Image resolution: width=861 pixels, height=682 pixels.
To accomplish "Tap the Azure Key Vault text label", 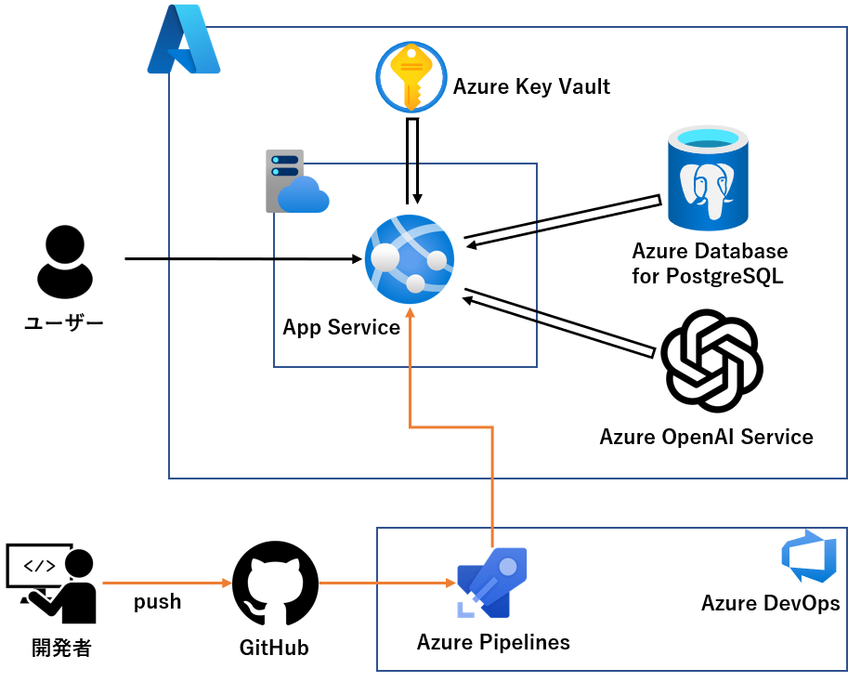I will [531, 87].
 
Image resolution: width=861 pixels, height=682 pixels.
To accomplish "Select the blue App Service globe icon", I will [410, 257].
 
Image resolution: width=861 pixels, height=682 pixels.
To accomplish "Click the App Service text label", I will [341, 327].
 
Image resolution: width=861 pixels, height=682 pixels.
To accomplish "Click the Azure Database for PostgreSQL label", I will [710, 263].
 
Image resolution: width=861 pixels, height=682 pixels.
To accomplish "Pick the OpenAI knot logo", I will [711, 359].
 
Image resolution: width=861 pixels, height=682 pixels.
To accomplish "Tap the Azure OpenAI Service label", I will [706, 437].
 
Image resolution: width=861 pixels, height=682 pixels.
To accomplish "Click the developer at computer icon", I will [53, 584].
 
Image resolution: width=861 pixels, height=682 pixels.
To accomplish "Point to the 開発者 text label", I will [61, 648].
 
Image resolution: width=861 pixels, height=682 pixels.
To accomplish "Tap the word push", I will [158, 602].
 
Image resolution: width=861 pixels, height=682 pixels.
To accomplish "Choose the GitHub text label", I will [274, 648].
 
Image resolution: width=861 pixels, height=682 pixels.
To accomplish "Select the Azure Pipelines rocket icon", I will [491, 584].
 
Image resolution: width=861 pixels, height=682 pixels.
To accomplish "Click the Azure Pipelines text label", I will [493, 642].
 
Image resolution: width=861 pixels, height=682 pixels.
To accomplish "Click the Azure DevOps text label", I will [770, 603].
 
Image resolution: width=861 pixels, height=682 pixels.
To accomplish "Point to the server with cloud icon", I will [295, 181].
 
